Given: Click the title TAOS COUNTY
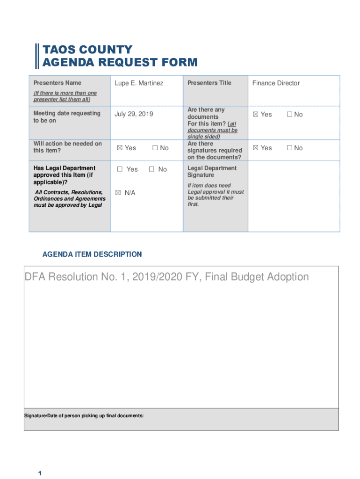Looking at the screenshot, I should pos(87,50).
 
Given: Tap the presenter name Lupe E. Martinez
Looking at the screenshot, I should pos(139,83).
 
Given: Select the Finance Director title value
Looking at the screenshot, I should pos(276,83).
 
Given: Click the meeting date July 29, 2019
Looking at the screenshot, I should pos(134,114).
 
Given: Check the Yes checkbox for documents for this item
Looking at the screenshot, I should pos(255,115).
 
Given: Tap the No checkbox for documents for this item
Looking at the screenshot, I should pos(289,115).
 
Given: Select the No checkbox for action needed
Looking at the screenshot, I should pos(155,148).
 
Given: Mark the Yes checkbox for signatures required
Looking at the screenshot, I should pos(255,148).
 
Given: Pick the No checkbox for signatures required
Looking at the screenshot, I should pos(289,148).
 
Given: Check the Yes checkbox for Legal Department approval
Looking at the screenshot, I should pos(120,169).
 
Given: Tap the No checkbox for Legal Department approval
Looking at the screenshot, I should pos(151,169).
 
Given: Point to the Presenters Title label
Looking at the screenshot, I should pos(209,83).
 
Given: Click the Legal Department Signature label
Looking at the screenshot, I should pos(212,172).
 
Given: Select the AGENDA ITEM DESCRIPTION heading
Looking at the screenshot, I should pos(92,254).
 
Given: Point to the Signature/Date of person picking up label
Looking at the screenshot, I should pos(84,415).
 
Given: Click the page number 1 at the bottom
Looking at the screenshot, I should pos(40,473).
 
